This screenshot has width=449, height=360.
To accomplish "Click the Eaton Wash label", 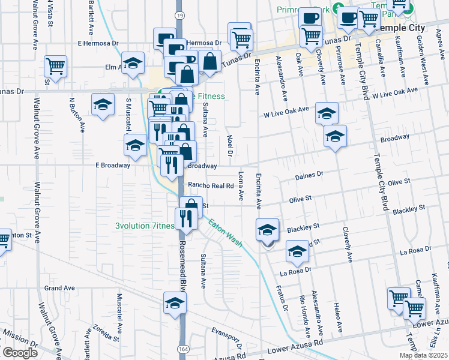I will [x=225, y=233].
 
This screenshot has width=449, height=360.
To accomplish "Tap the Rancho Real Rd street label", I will [x=211, y=185].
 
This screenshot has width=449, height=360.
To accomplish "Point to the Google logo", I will [x=20, y=353].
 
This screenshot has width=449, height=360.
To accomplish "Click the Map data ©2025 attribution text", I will [x=423, y=355].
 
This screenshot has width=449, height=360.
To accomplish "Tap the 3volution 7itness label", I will [x=144, y=226].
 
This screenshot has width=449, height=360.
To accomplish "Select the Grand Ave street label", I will [x=59, y=288].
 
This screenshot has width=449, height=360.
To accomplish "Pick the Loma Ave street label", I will [x=241, y=187].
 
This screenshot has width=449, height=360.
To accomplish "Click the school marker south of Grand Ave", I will [x=175, y=303].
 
